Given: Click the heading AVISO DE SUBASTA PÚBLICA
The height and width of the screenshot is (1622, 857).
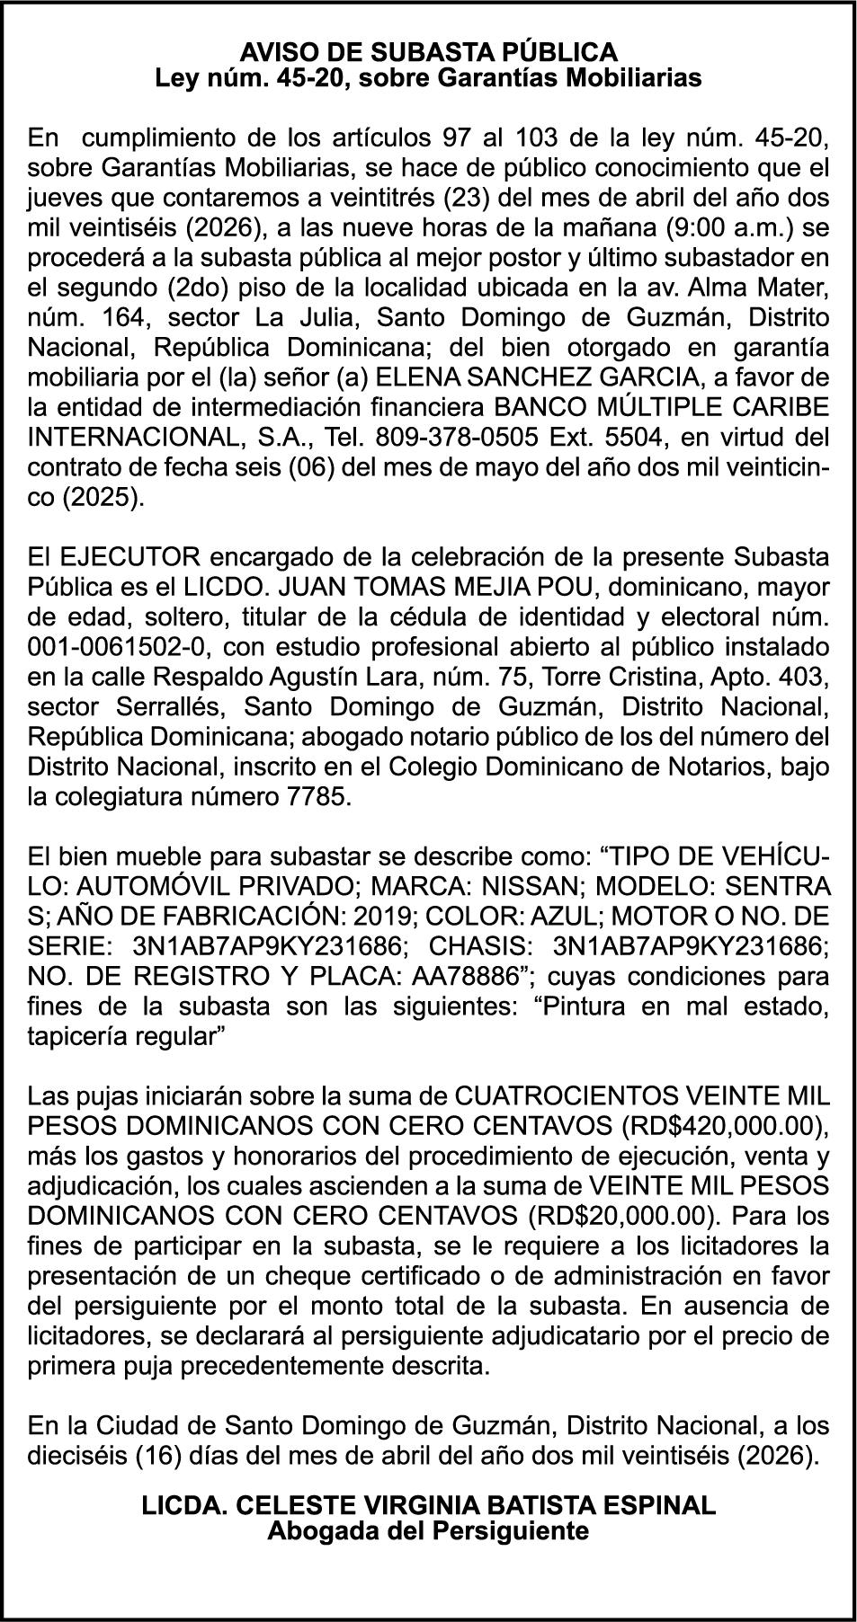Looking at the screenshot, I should (x=428, y=51).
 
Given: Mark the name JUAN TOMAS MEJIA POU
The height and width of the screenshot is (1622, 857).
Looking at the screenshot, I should (x=431, y=587).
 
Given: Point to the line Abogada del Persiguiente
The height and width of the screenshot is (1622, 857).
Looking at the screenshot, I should (x=428, y=1529).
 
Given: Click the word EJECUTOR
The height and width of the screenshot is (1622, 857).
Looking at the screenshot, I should (x=116, y=557).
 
